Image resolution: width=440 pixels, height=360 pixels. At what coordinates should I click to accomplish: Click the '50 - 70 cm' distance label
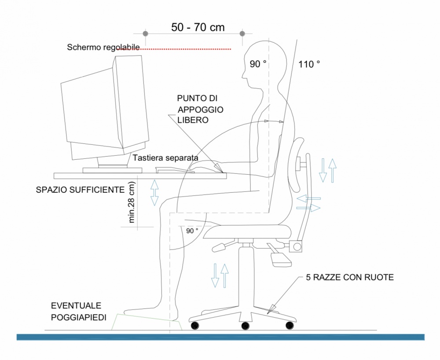pyautogui.click(x=198, y=27)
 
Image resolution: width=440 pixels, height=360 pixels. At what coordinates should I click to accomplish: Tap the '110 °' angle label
pyautogui.click(x=309, y=64)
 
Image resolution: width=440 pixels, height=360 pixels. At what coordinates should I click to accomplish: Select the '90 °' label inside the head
pyautogui.click(x=258, y=64)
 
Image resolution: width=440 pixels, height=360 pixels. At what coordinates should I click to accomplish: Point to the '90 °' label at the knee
pyautogui.click(x=192, y=231)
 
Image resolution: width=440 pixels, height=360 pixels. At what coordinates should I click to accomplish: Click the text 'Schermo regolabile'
pyautogui.click(x=103, y=47)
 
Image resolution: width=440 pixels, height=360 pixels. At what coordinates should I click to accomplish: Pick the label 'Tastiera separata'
pyautogui.click(x=165, y=158)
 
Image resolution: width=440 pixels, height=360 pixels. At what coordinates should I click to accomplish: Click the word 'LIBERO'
pyautogui.click(x=193, y=120)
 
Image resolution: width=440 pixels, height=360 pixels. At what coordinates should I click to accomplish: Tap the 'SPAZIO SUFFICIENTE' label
pyautogui.click(x=80, y=190)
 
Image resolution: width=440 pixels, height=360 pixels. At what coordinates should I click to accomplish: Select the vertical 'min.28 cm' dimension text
pyautogui.click(x=132, y=202)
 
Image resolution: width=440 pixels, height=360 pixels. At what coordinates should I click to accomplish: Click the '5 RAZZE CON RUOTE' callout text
pyautogui.click(x=350, y=278)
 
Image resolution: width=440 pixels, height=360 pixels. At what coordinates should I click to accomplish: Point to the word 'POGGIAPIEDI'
pyautogui.click(x=79, y=317)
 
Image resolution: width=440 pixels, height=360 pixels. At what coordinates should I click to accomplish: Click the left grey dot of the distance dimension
pyautogui.click(x=145, y=34)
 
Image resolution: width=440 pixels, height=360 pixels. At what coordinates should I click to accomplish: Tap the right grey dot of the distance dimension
pyautogui.click(x=242, y=34)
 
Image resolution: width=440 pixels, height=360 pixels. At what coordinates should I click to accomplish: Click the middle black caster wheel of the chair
pyautogui.click(x=245, y=326)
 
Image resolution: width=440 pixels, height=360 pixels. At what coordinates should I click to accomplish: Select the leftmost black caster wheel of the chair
pyautogui.click(x=195, y=326)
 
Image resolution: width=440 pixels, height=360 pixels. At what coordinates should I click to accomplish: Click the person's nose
pyautogui.click(x=243, y=75)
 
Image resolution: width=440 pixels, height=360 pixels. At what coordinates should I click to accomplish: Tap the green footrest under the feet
pyautogui.click(x=147, y=322)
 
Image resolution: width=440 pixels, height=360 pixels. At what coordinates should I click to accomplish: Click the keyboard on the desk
pyautogui.click(x=175, y=170)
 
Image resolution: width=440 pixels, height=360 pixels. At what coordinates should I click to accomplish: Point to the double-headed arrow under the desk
pyautogui.click(x=154, y=193)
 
